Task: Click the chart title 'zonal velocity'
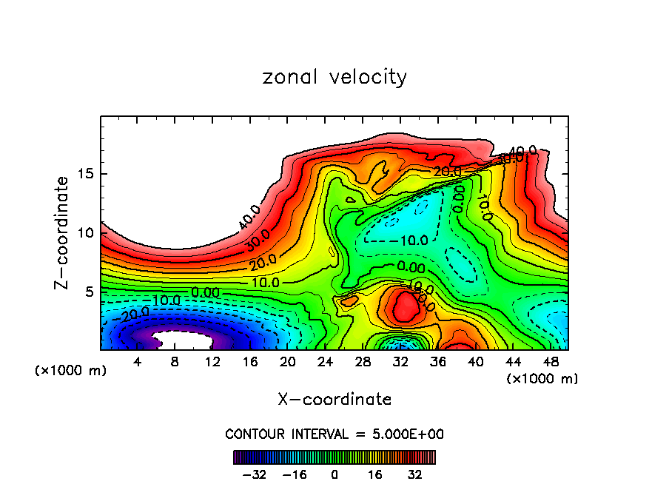point(334,77)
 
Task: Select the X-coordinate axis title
point(334,400)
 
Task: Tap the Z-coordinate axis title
point(62,232)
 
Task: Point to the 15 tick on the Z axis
point(87,174)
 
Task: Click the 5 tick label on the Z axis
point(90,292)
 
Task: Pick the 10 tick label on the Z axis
point(87,232)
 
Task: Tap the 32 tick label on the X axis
point(400,362)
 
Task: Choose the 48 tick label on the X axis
point(550,362)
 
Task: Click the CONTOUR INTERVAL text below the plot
point(334,434)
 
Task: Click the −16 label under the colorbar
point(295,474)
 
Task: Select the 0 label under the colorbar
point(334,474)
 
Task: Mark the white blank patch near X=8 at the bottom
point(184,341)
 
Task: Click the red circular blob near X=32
point(405,307)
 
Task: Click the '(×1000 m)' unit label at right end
point(542,379)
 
